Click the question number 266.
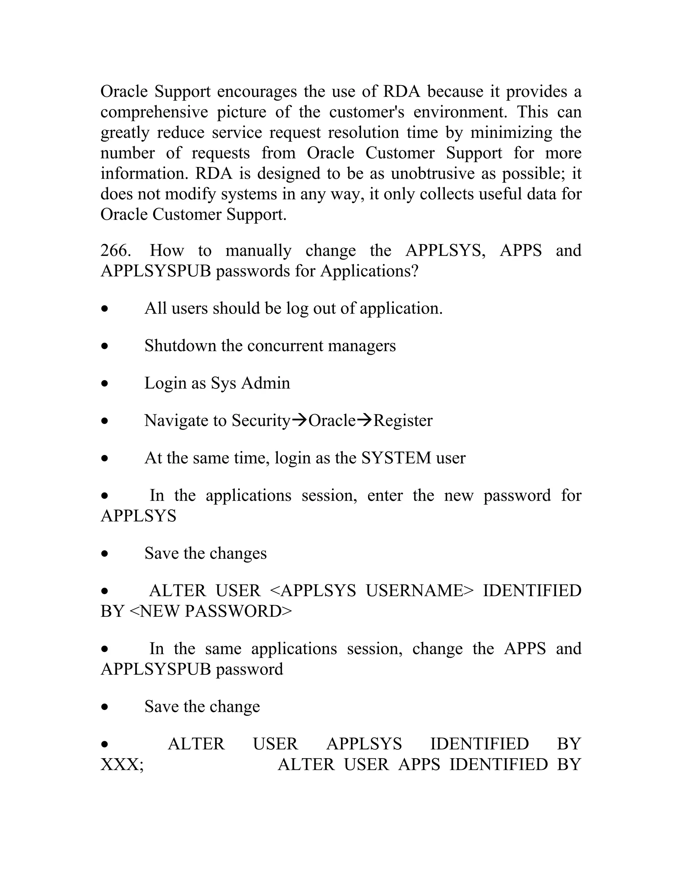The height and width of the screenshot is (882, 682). pyautogui.click(x=115, y=251)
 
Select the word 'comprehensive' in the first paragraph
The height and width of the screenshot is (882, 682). pyautogui.click(x=154, y=112)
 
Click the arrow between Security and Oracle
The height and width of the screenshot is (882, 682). pyautogui.click(x=299, y=420)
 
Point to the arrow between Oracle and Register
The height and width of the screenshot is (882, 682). pyautogui.click(x=364, y=420)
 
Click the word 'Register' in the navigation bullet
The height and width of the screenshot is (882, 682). pyautogui.click(x=403, y=421)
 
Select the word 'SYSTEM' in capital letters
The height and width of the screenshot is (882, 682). pyautogui.click(x=396, y=458)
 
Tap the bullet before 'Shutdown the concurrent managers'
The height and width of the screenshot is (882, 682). pyautogui.click(x=105, y=346)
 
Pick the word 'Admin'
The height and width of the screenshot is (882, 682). pyautogui.click(x=265, y=383)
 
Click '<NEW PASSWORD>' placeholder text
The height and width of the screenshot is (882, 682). pyautogui.click(x=210, y=611)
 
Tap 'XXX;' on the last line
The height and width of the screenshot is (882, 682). pyautogui.click(x=122, y=765)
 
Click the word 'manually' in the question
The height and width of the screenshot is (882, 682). pyautogui.click(x=258, y=251)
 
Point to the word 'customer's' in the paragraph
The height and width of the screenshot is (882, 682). pyautogui.click(x=366, y=112)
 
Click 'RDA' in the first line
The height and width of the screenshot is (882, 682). pyautogui.click(x=402, y=91)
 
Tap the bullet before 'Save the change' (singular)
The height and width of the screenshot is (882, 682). pyautogui.click(x=105, y=707)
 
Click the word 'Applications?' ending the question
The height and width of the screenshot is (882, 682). pyautogui.click(x=369, y=271)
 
